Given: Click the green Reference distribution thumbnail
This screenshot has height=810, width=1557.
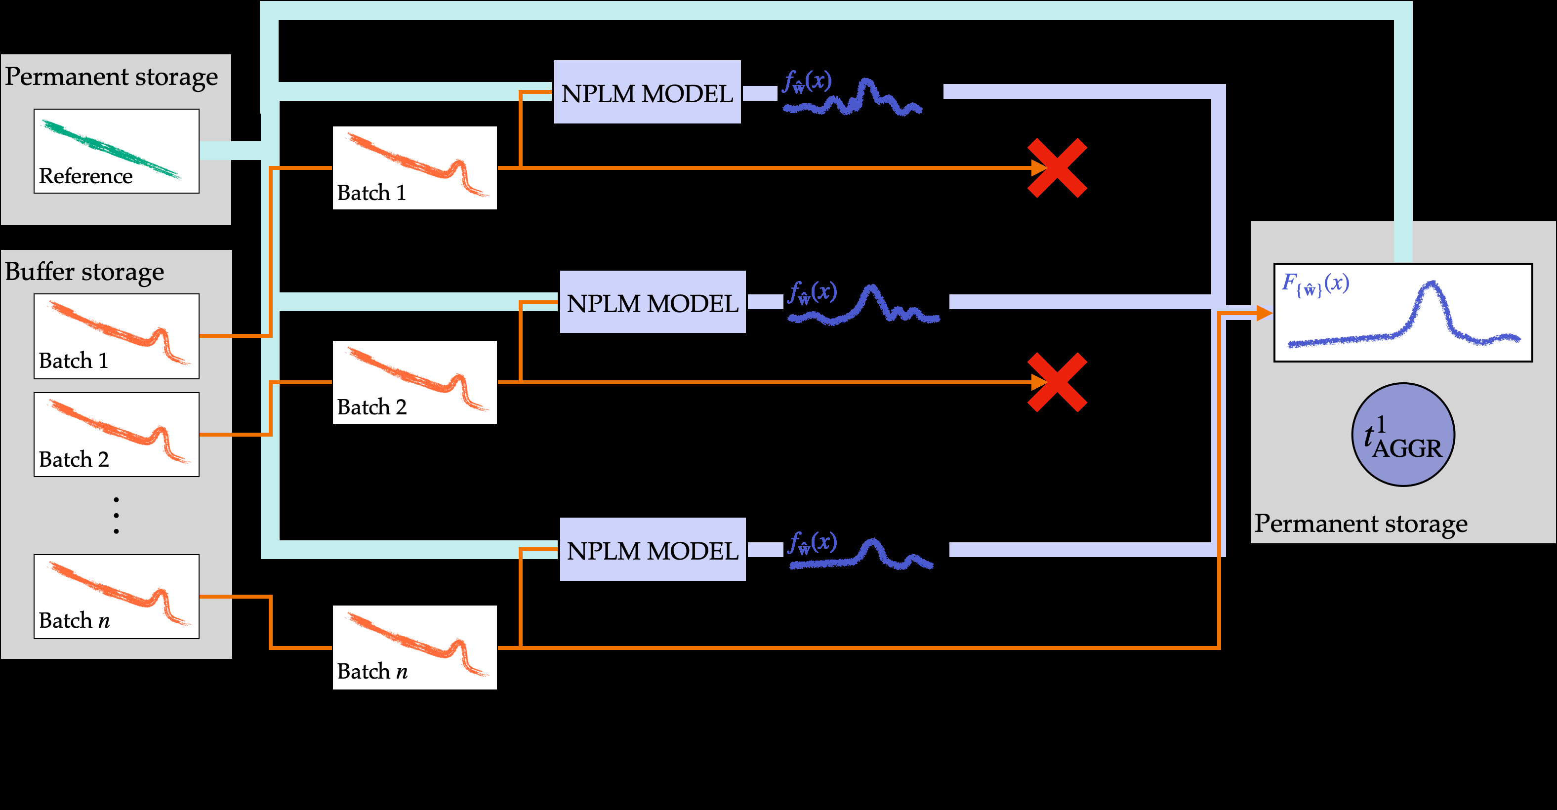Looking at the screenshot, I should pos(116,151).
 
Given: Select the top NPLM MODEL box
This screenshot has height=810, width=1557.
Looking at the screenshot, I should pos(647,92).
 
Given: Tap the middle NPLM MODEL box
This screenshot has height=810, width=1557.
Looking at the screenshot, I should pos(652,302).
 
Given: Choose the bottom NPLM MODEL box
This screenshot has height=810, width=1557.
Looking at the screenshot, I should pos(652,550).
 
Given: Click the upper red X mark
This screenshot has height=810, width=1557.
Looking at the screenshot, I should pos(1057,168).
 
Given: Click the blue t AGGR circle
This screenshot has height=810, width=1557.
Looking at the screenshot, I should pos(1403,435).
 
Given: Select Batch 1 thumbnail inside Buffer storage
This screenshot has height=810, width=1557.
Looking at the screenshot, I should pos(116,336).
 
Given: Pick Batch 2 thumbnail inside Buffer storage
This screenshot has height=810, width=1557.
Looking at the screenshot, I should pos(116,435).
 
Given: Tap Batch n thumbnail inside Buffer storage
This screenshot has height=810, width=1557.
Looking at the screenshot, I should pos(116,597).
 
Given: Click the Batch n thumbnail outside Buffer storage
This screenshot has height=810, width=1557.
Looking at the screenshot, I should pos(414,648).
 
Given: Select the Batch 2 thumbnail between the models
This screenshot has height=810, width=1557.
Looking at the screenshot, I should pos(414,382).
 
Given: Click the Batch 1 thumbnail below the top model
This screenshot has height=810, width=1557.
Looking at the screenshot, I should pos(414,168).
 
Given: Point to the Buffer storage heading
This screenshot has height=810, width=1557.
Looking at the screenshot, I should pos(84,272).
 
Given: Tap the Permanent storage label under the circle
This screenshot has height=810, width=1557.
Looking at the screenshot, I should pos(1360,524).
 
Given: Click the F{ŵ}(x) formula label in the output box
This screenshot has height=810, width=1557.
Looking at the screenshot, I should pos(1315,284).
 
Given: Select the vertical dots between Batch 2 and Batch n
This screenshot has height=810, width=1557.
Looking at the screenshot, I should pos(116,516).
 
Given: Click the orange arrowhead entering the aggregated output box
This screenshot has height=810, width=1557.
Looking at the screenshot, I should pos(1265,313).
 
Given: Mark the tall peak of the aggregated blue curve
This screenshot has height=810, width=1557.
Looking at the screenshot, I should pos(1431,284).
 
